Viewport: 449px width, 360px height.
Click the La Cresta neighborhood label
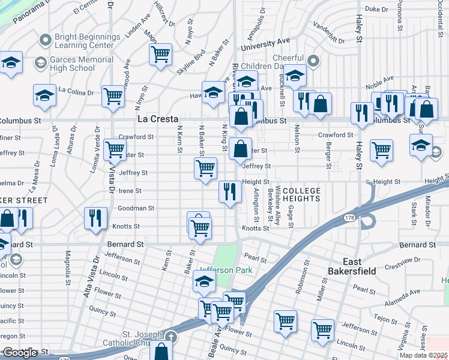tap(157, 119)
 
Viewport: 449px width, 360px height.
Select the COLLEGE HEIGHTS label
tap(298, 195)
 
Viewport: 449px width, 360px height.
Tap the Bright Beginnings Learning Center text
tap(84, 41)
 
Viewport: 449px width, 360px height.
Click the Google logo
tap(20, 353)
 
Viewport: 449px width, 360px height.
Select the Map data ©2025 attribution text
tap(424, 355)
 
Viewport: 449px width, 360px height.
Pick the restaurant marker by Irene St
tap(230, 192)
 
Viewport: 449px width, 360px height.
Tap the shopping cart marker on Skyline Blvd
tap(160, 55)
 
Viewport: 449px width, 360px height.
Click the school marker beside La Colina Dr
tap(44, 95)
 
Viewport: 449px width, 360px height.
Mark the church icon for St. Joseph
tap(172, 337)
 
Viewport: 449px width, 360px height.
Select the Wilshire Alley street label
tap(279, 206)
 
